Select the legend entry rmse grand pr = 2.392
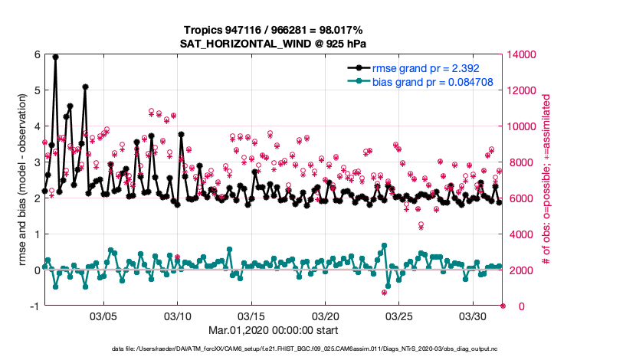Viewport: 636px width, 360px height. coord(432,67)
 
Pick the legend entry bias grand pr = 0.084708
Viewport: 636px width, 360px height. coord(432,81)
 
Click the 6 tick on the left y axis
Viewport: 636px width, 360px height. coord(36,54)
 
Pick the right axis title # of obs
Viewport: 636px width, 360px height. coord(546,180)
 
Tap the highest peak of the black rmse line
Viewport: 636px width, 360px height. coord(55,56)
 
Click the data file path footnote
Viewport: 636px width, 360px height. coord(316,349)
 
